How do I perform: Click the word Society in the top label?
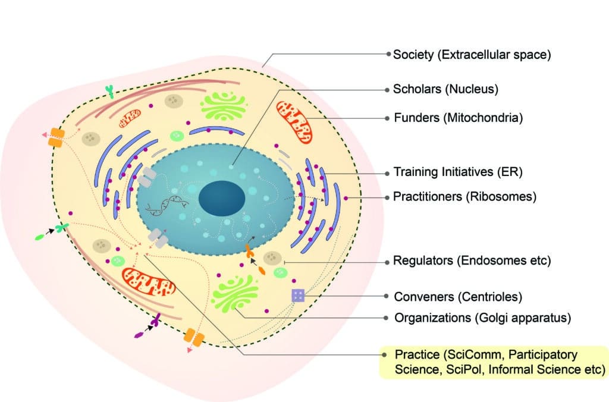pos(413,55)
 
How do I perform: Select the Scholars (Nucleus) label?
pos(445,90)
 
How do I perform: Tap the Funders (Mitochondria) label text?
pos(458,118)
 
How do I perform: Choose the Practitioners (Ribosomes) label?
pos(464,196)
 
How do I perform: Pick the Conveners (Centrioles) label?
pos(454,296)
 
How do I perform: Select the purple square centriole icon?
pos(298,295)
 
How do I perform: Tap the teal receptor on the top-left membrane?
pos(109,91)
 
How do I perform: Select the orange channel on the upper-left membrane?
pos(56,138)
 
